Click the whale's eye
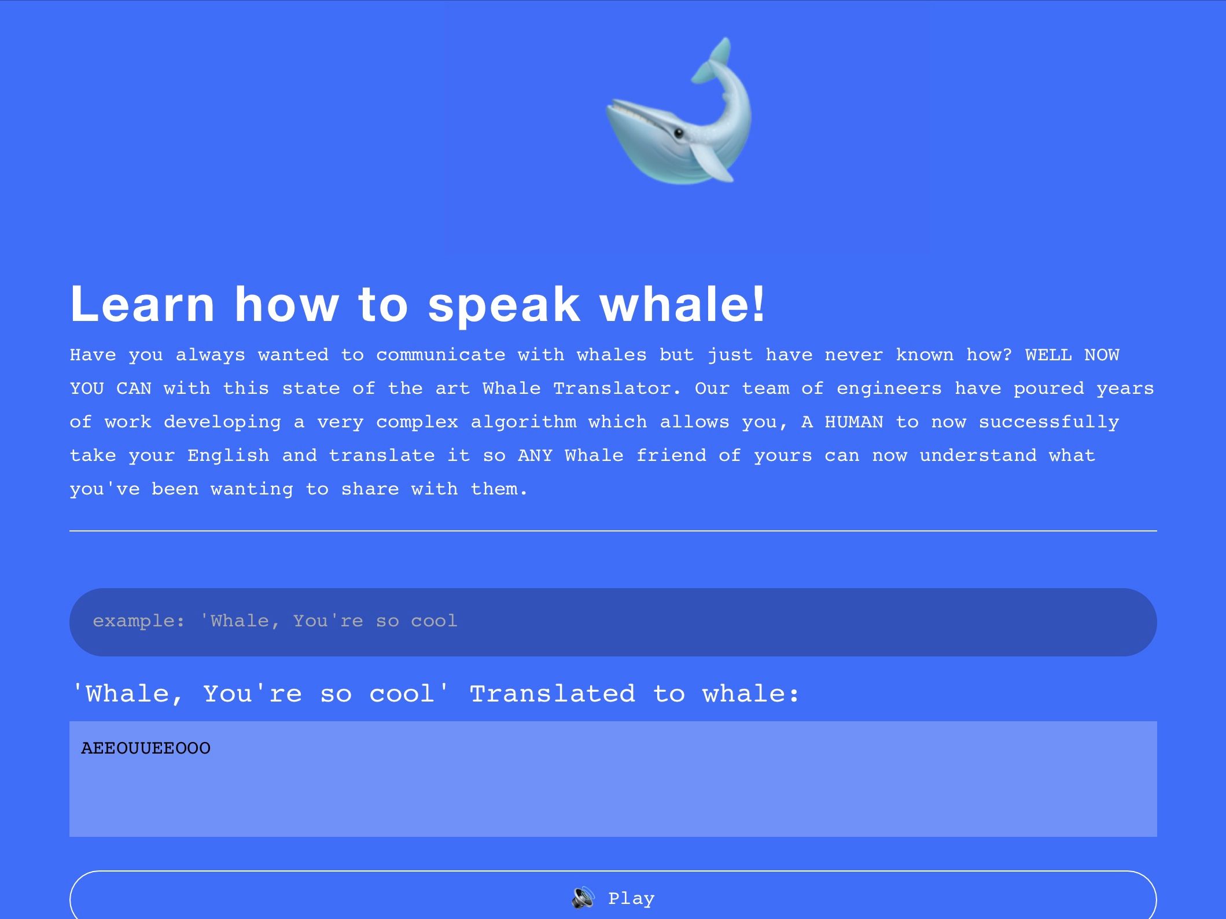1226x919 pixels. coord(679,133)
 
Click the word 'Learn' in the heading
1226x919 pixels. coord(142,304)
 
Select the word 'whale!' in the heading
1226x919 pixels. coord(683,304)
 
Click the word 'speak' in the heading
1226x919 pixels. coord(503,304)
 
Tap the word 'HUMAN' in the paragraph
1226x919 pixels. coord(853,422)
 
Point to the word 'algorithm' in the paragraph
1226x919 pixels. coord(524,422)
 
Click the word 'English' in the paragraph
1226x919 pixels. coord(229,456)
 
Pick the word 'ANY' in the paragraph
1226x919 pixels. coord(535,456)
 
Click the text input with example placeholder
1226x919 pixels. coord(613,622)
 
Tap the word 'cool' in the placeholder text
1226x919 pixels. coord(434,621)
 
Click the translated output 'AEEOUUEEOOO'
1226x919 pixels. coord(146,748)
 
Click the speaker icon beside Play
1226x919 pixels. coord(583,898)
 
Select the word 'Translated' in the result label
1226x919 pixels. coord(552,693)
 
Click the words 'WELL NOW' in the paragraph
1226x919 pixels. coord(1072,355)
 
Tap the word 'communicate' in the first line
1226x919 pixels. coord(441,355)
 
